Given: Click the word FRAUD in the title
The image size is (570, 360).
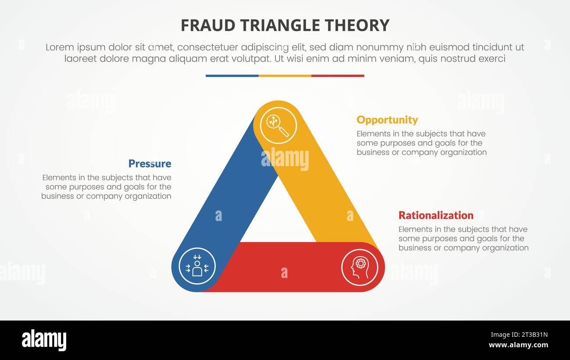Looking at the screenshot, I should [x=202, y=25].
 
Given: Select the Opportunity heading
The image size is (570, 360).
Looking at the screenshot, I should [x=387, y=120].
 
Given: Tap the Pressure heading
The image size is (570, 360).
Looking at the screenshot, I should [x=150, y=164].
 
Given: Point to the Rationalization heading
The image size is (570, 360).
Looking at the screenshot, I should [x=435, y=215].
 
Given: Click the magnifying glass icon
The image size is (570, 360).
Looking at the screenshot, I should [x=278, y=125].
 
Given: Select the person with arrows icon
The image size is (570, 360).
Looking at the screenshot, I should [x=197, y=266].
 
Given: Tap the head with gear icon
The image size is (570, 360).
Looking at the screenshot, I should [x=360, y=267].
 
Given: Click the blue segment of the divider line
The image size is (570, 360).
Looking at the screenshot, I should [x=232, y=76].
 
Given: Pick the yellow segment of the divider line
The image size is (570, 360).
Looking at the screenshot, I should [x=285, y=76].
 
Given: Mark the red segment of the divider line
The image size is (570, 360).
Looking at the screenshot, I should [x=338, y=76].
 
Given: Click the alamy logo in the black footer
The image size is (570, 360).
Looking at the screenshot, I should [x=44, y=340].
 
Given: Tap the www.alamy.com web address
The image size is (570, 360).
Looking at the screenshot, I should [x=518, y=345].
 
